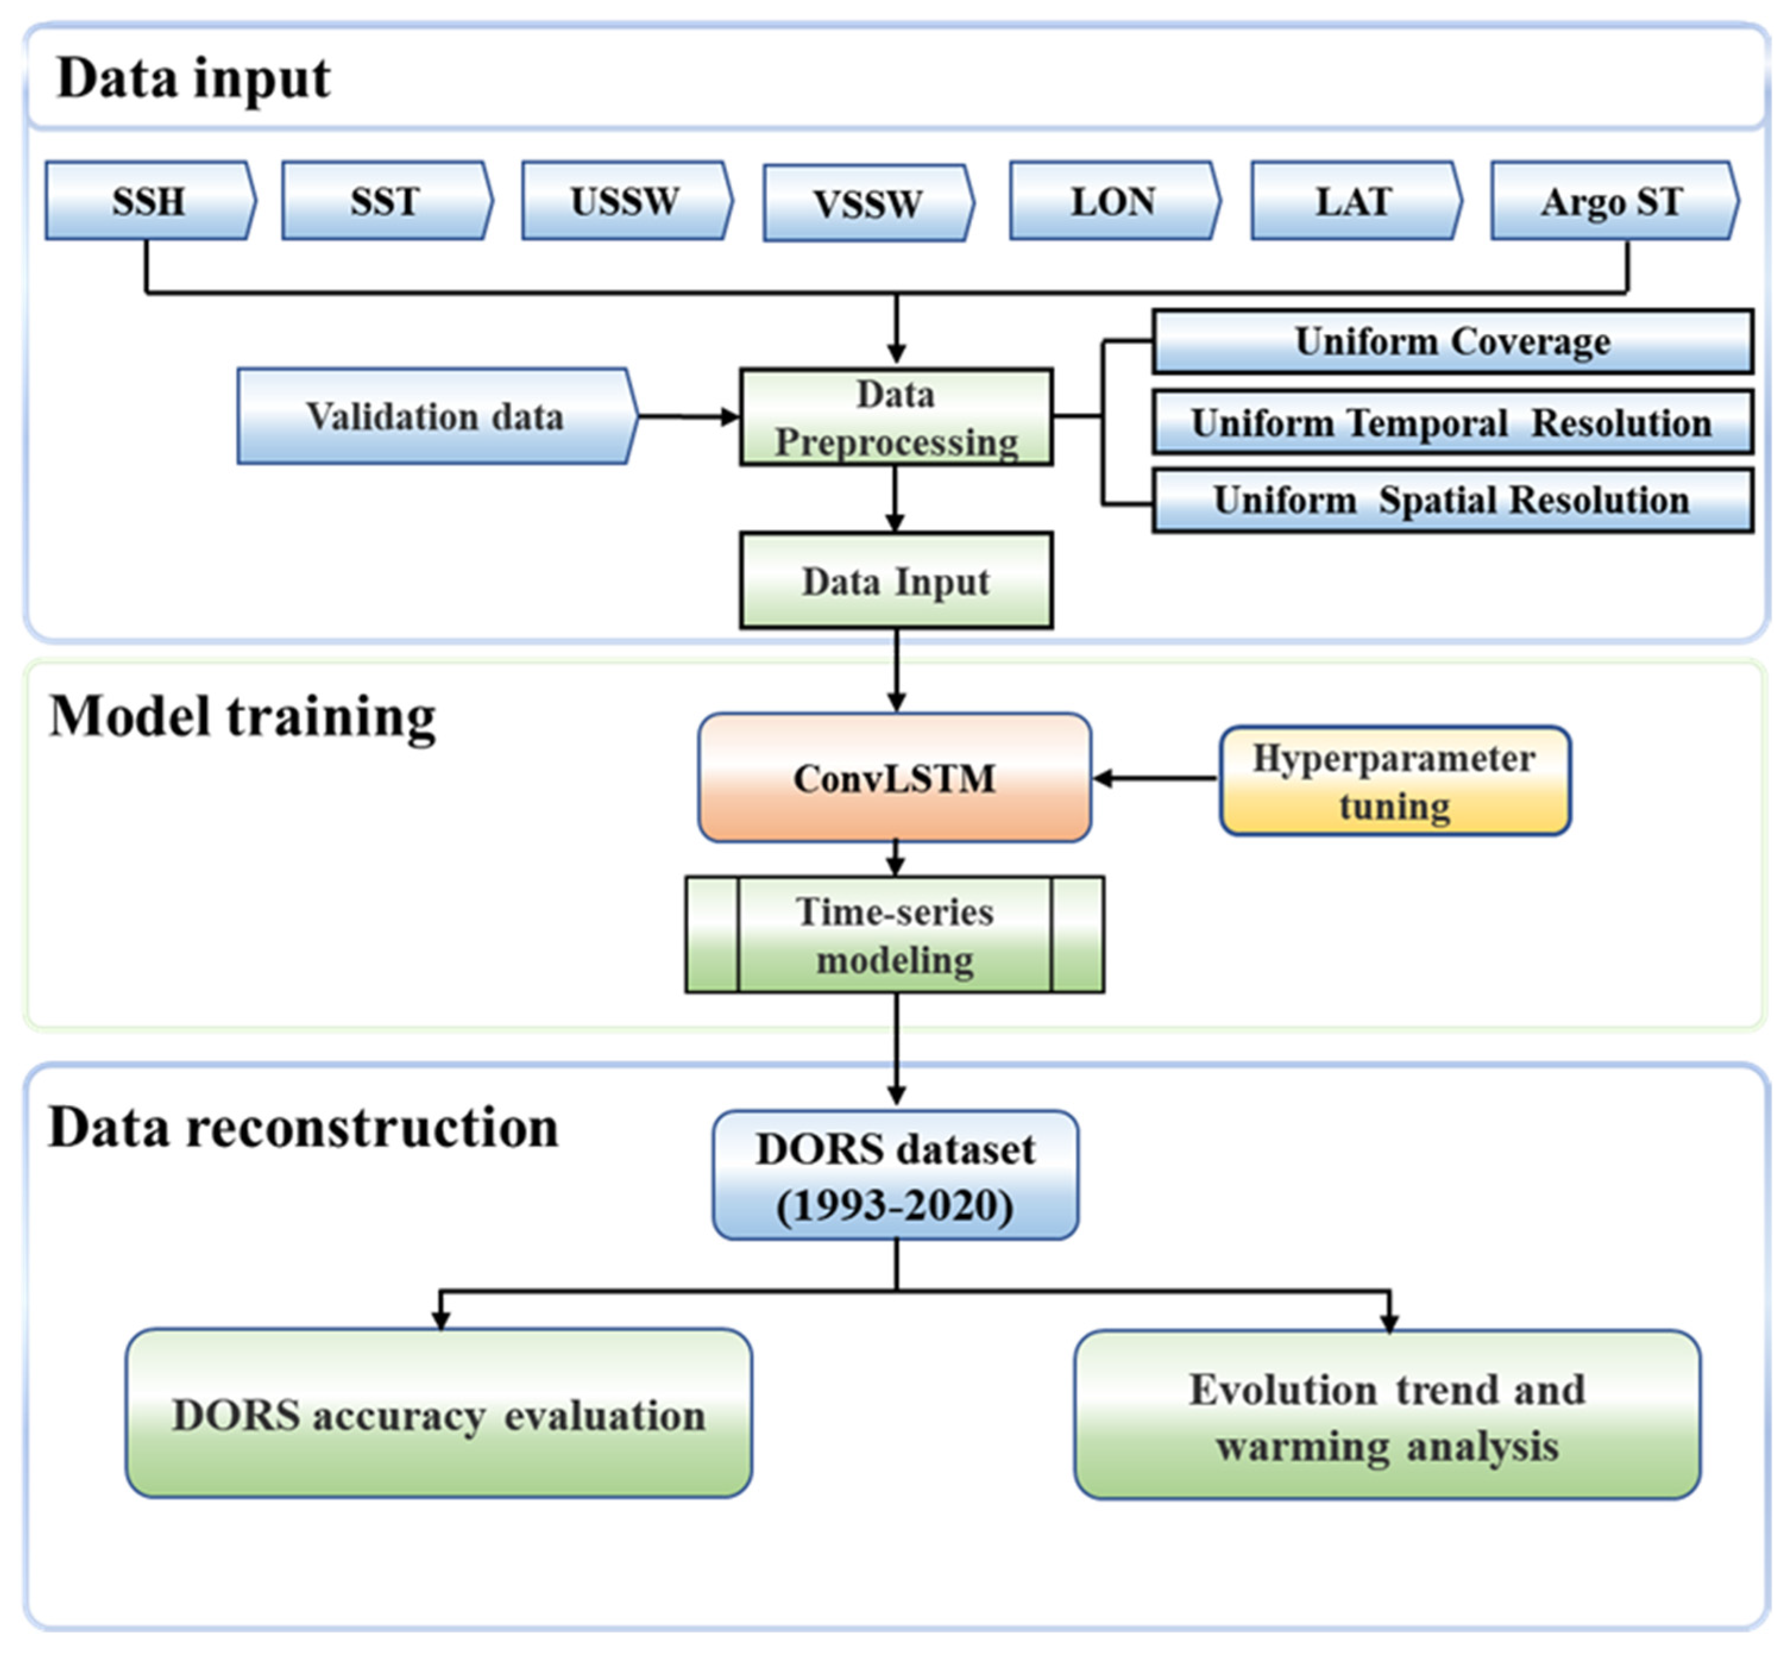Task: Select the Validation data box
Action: pyautogui.click(x=436, y=416)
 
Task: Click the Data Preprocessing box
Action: pyautogui.click(x=896, y=418)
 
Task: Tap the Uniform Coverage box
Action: pyautogui.click(x=1451, y=342)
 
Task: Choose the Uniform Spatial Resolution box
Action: pyautogui.click(x=1451, y=501)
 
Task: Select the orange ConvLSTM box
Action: pyautogui.click(x=894, y=778)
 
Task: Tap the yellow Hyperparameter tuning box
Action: pyautogui.click(x=1393, y=781)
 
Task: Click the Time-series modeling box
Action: pyautogui.click(x=894, y=935)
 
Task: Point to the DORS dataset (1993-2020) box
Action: pyautogui.click(x=895, y=1176)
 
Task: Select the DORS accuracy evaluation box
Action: pyautogui.click(x=439, y=1415)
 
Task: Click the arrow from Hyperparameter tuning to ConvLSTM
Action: pyautogui.click(x=1154, y=779)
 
